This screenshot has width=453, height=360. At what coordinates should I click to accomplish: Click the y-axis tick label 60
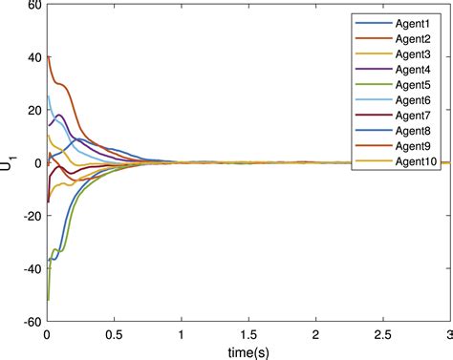pyautogui.click(x=32, y=6)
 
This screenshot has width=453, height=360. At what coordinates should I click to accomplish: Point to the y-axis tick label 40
pyautogui.click(x=32, y=58)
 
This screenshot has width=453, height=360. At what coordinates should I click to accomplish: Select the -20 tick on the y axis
pyautogui.click(x=29, y=216)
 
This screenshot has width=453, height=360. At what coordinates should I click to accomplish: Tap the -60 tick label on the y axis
pyautogui.click(x=29, y=321)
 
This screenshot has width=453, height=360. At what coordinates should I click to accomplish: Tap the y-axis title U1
pyautogui.click(x=11, y=163)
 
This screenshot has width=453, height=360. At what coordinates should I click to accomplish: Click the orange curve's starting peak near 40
pyautogui.click(x=49, y=56)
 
